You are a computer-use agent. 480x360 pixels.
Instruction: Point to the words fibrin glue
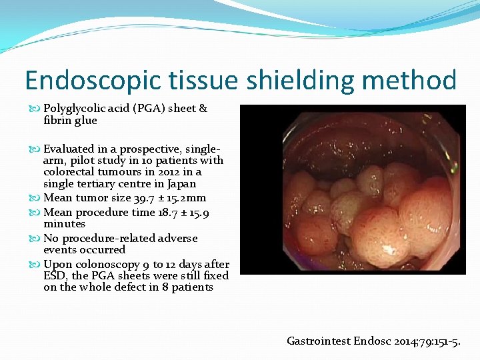pyautogui.click(x=70, y=121)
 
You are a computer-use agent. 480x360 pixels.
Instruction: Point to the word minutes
pyautogui.click(x=64, y=224)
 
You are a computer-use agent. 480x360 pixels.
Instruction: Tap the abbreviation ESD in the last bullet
pyautogui.click(x=54, y=275)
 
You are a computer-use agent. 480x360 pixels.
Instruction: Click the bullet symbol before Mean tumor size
pyautogui.click(x=36, y=198)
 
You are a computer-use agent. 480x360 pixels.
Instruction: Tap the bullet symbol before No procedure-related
pyautogui.click(x=36, y=238)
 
